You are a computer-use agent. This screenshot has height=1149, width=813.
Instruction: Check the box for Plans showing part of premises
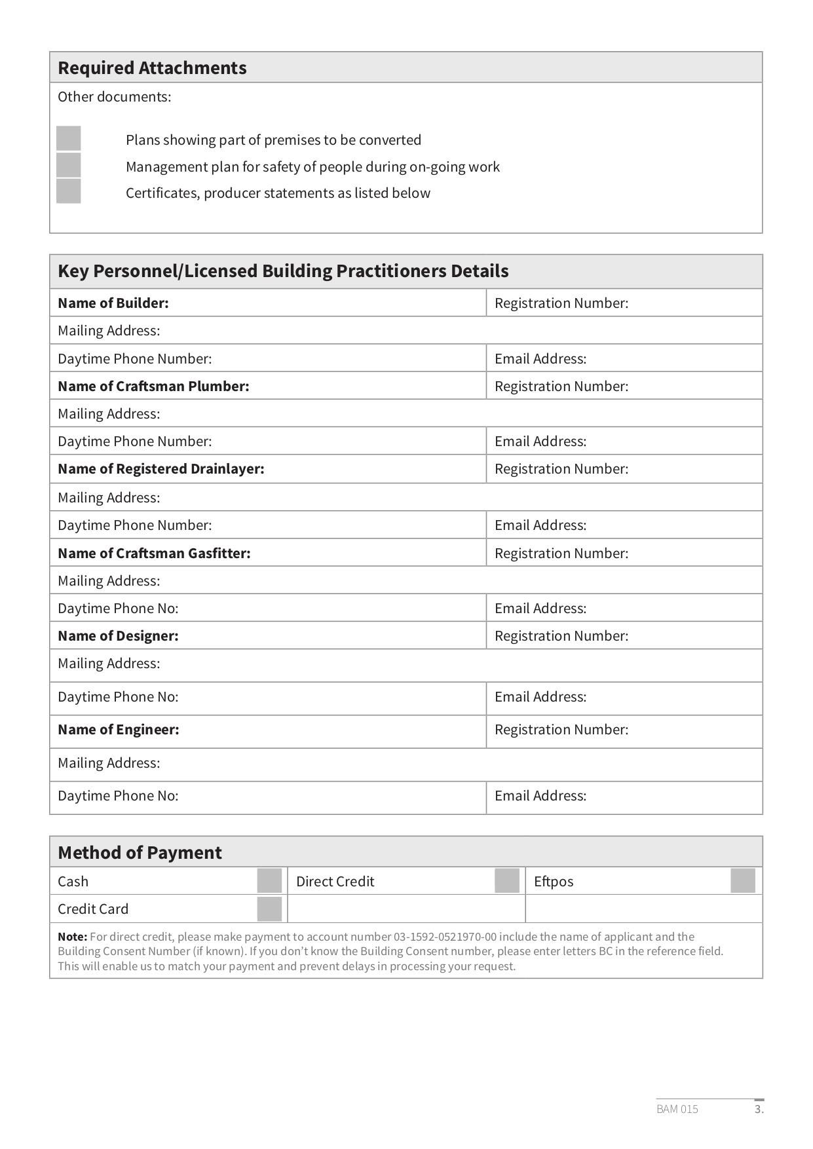point(69,139)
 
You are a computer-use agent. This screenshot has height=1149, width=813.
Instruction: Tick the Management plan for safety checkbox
point(69,165)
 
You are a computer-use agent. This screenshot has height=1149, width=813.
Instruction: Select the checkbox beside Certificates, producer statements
point(69,191)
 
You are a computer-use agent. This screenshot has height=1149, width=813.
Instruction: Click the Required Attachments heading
point(152,68)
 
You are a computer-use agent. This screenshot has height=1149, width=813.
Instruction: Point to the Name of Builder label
point(113,303)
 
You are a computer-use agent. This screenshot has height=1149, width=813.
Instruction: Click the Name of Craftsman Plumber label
point(153,386)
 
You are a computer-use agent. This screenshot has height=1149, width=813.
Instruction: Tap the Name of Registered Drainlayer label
point(161,469)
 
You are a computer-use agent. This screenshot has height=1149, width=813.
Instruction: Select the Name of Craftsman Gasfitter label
point(154,554)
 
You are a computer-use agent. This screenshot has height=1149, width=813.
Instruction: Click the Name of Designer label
point(118,636)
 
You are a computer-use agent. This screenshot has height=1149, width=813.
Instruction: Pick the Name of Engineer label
point(118,730)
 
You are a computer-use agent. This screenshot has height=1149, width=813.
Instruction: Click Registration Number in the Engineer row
point(561,730)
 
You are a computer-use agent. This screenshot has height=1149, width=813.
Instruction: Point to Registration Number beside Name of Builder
point(561,303)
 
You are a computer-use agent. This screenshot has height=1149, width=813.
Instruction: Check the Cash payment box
point(269,881)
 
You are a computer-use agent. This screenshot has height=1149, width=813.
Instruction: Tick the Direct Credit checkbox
point(507,881)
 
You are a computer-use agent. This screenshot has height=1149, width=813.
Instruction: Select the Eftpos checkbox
point(743,881)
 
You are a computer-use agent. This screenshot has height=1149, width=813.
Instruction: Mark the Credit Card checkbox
point(269,909)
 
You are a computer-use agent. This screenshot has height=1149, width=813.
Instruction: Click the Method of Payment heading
point(140,853)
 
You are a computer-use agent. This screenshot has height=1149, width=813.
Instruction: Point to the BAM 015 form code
point(677,1109)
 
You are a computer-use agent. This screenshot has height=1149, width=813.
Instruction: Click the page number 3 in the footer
point(759,1109)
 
